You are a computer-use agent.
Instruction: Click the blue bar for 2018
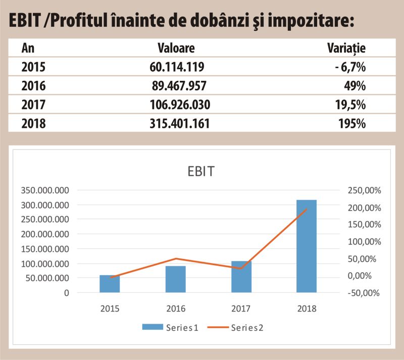coord(306,246)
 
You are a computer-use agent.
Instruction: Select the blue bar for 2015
coord(110,284)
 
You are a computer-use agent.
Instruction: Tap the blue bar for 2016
coord(175,279)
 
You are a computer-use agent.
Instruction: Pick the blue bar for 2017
coord(241,277)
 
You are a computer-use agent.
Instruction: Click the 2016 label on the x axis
coord(175,308)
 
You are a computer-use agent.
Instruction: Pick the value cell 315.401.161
coord(180,123)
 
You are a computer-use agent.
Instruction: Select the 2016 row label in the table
coord(33,86)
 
